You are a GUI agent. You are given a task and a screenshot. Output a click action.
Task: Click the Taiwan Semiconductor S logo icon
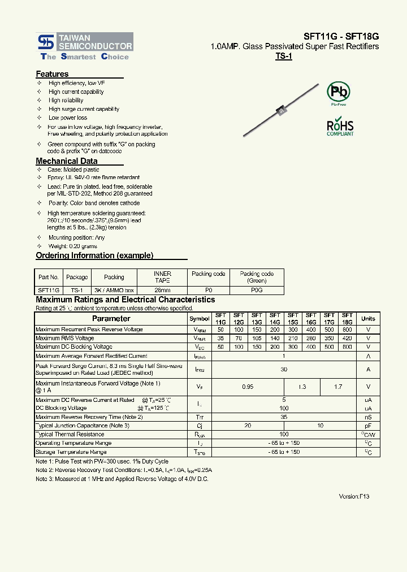(x=46, y=42)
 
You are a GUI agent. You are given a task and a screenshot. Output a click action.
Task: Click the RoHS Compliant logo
(x=340, y=127)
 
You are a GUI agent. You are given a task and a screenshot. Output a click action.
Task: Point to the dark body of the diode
(x=279, y=111)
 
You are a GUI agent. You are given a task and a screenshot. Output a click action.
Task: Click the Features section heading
(x=52, y=74)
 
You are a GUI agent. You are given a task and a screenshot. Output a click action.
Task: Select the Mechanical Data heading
(x=67, y=161)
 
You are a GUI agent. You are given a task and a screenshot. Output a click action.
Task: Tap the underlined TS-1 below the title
(x=283, y=57)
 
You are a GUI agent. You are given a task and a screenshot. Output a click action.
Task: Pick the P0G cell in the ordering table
(x=257, y=289)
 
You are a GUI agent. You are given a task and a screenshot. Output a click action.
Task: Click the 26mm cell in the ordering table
(x=162, y=289)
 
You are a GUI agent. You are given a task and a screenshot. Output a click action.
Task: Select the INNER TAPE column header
(x=162, y=277)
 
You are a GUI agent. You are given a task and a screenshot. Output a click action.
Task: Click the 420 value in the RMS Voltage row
(x=347, y=338)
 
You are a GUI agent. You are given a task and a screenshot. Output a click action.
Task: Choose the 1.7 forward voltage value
(x=338, y=387)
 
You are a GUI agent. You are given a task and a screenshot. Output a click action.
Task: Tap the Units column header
(x=368, y=319)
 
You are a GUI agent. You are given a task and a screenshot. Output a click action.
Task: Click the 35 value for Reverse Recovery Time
(x=284, y=417)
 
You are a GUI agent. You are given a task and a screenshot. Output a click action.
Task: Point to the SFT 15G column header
(x=293, y=319)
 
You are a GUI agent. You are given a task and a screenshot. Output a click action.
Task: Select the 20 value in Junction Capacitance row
(x=248, y=426)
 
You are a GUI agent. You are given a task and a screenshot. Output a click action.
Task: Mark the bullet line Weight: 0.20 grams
(x=72, y=246)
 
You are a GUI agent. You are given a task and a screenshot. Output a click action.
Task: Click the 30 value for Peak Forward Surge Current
(x=284, y=369)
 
